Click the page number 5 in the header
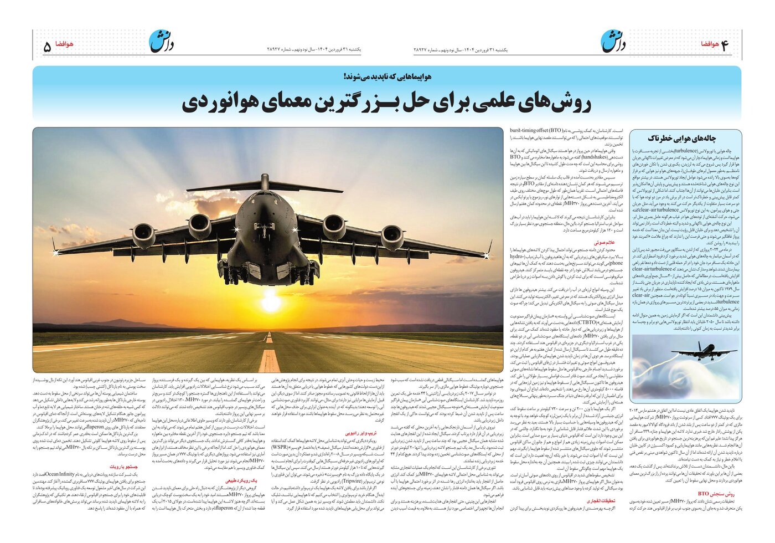coord(47,46)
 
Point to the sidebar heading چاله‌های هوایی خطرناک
coord(685,138)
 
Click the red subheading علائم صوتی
coord(604,242)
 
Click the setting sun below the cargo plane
coord(271,302)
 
